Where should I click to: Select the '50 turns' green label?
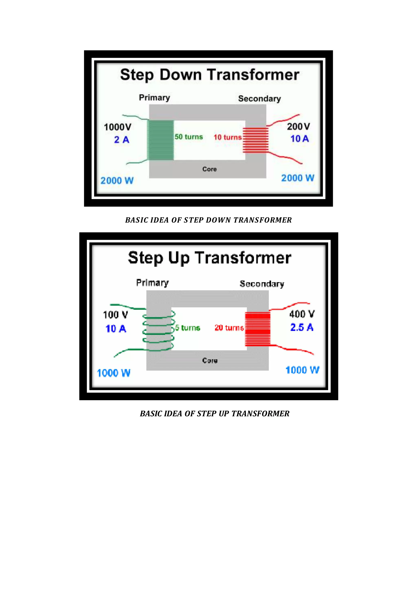pyautogui.click(x=189, y=137)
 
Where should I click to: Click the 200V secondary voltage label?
pyautogui.click(x=298, y=127)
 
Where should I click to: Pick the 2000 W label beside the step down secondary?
pyautogui.click(x=298, y=178)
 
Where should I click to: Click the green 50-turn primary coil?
pyautogui.click(x=160, y=140)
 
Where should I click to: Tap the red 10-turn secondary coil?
pyautogui.click(x=256, y=140)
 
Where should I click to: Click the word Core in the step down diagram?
pyautogui.click(x=210, y=169)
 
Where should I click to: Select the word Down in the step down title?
pyautogui.click(x=181, y=75)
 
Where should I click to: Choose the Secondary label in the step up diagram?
pyautogui.click(x=262, y=284)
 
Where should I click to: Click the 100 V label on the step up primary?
pyautogui.click(x=115, y=315)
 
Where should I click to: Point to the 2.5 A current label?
pyautogui.click(x=302, y=327)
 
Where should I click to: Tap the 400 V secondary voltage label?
pyautogui.click(x=302, y=314)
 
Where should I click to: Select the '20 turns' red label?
pyautogui.click(x=229, y=328)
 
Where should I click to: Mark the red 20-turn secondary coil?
pyautogui.click(x=258, y=329)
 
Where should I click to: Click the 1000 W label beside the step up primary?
pyautogui.click(x=113, y=373)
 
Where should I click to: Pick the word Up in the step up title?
pyautogui.click(x=179, y=258)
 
